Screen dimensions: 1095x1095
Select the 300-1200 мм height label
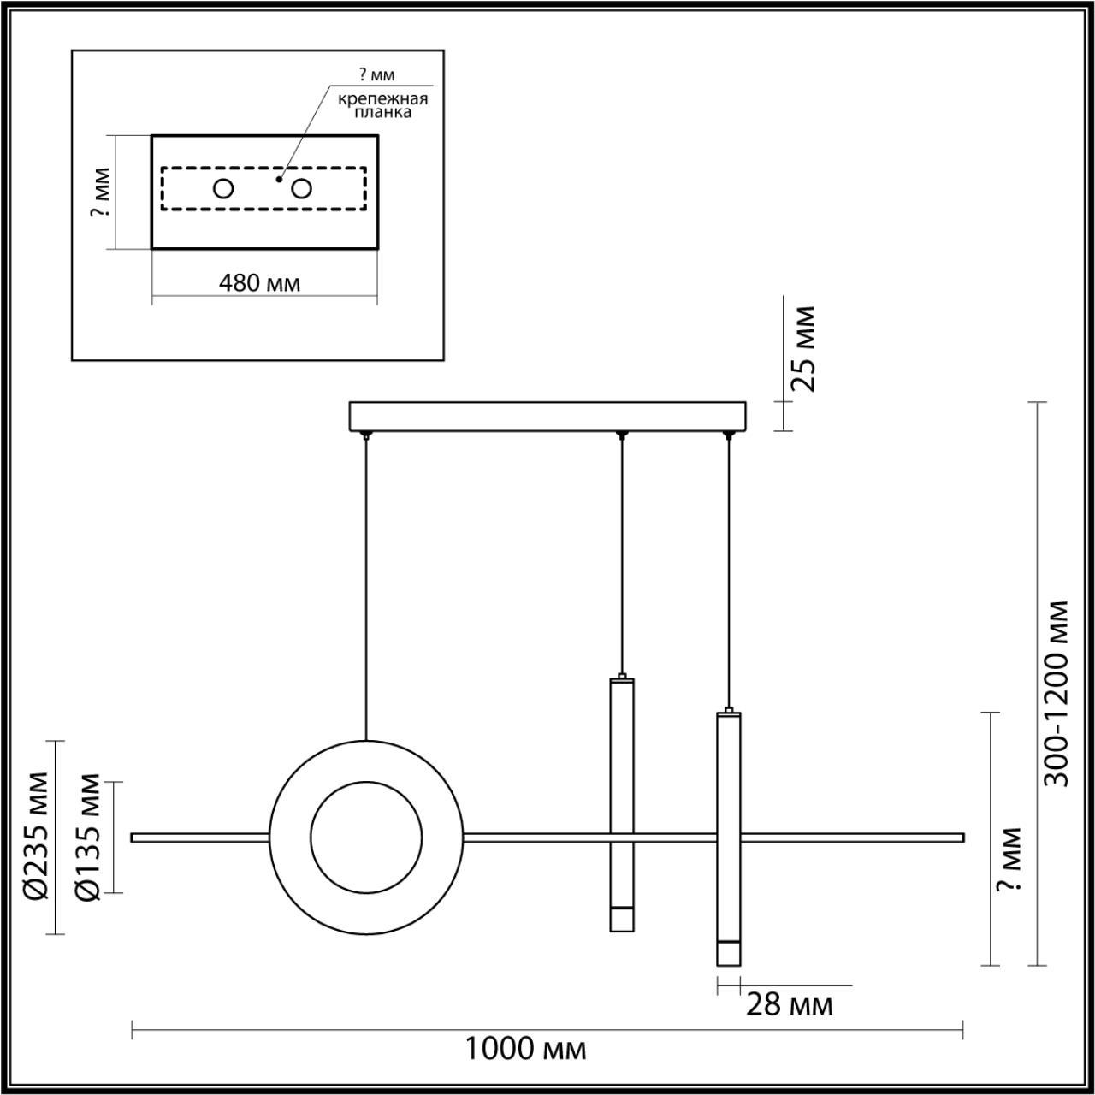[x=1058, y=693]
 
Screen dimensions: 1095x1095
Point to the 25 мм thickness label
[x=803, y=348]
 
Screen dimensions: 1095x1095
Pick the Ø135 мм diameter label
[x=87, y=838]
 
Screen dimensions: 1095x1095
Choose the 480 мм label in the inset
[x=259, y=282]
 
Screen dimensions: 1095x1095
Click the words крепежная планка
[x=382, y=105]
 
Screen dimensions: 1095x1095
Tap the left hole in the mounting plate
[x=223, y=189]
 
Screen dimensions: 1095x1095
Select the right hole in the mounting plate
[x=300, y=189]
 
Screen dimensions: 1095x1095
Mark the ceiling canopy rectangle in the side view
[x=547, y=417]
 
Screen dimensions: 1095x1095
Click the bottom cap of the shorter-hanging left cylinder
[x=622, y=919]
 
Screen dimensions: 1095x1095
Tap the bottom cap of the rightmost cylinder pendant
[x=728, y=953]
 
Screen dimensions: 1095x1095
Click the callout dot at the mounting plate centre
[x=279, y=180]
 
